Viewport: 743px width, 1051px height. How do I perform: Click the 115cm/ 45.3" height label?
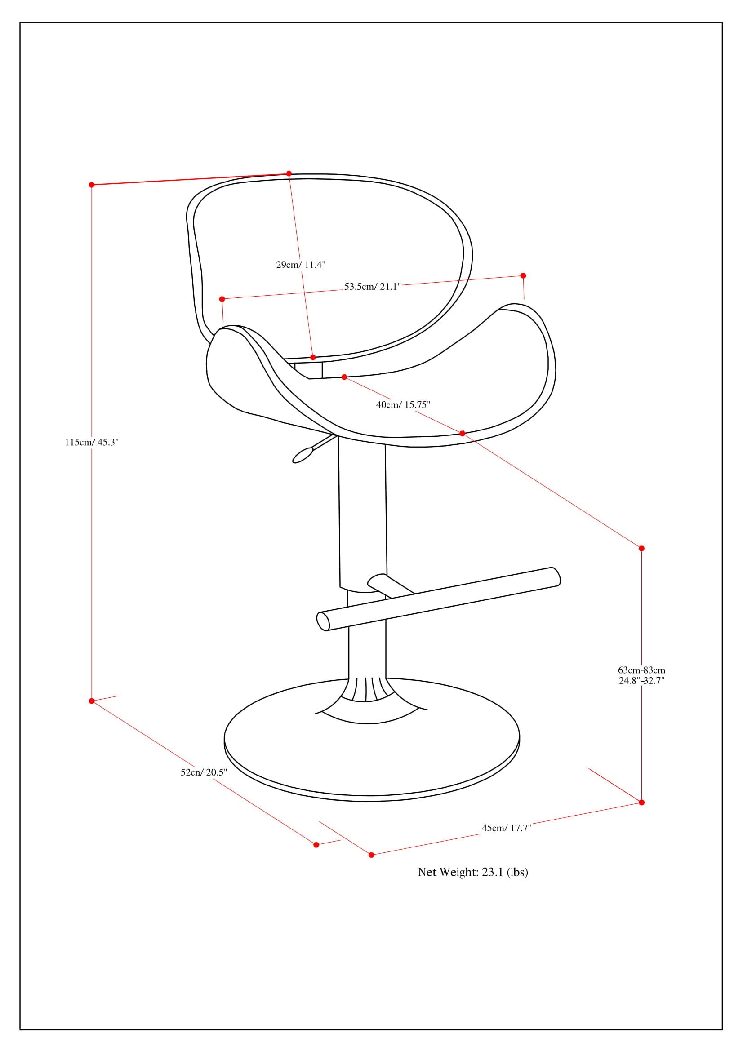tap(92, 442)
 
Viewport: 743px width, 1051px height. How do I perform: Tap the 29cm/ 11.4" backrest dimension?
tap(300, 265)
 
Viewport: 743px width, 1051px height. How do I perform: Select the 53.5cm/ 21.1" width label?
tap(372, 287)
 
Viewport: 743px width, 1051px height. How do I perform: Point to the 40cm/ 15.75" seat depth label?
tap(403, 405)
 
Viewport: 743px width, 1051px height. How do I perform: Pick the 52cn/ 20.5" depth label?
tap(204, 772)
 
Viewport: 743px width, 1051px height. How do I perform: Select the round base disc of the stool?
tap(372, 751)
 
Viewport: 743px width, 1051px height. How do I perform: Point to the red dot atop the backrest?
tap(289, 173)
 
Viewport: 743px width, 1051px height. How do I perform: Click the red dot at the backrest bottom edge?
tap(313, 357)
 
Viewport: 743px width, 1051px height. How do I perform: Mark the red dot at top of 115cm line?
tap(92, 185)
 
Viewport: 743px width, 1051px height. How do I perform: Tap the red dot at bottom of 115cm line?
tap(92, 701)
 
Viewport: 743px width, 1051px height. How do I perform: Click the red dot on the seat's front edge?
tap(462, 433)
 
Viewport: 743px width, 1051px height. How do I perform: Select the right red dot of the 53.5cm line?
tap(523, 275)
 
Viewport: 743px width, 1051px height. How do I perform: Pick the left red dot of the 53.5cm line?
tap(222, 299)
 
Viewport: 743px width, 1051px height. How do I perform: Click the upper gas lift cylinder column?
tap(362, 513)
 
